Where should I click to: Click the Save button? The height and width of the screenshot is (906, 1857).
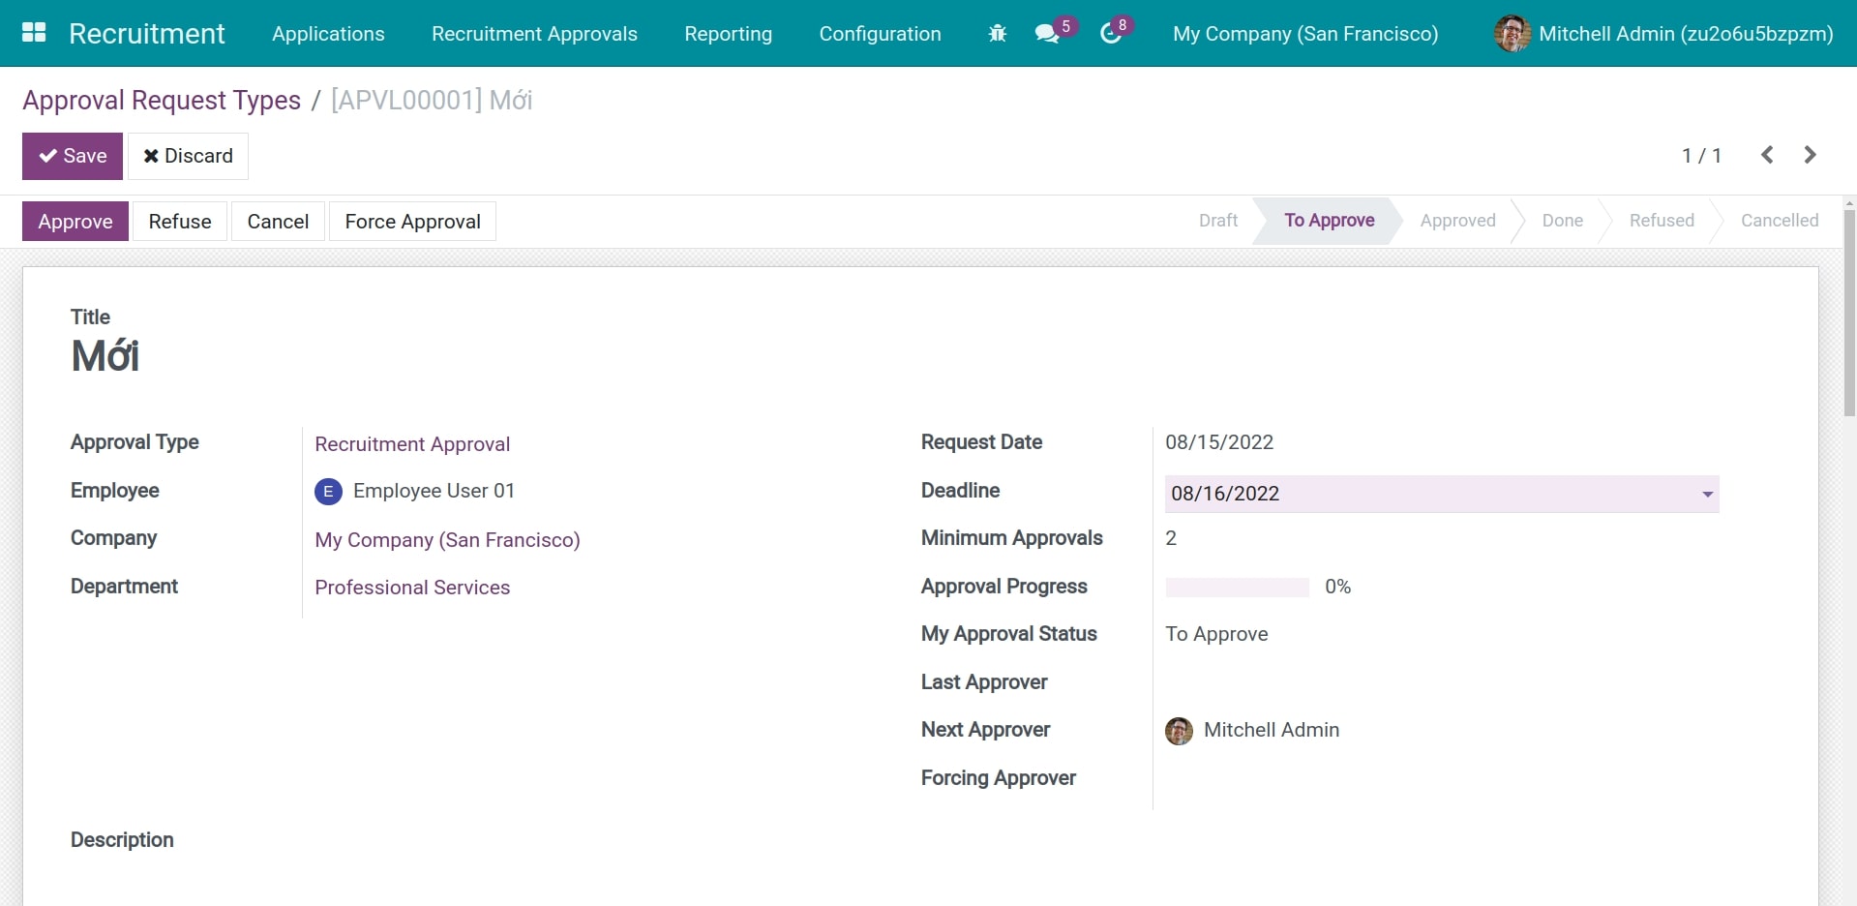pos(73,156)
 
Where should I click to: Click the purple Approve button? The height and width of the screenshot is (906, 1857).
pos(75,222)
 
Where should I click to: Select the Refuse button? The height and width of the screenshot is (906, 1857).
pos(180,222)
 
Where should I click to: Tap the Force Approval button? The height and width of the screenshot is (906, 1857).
pos(412,222)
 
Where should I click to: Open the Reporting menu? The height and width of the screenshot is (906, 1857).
pos(728,34)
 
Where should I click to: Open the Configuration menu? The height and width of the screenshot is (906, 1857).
pos(880,34)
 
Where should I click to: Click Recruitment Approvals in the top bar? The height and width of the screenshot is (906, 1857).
pos(534,34)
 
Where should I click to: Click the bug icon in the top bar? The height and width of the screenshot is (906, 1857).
pos(998,34)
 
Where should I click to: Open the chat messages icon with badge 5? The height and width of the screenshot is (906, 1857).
pos(1046,34)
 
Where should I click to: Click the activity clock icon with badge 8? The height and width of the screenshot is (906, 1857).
pos(1111,34)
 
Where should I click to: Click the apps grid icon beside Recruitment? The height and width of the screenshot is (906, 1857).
pos(34,33)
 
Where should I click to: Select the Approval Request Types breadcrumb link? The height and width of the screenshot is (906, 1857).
pos(162,101)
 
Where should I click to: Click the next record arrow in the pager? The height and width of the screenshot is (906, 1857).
pos(1810,155)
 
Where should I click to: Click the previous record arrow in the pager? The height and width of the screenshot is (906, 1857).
pos(1767,155)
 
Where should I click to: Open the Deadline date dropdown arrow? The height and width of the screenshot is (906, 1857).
pos(1707,494)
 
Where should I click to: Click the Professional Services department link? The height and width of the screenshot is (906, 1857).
pos(412,588)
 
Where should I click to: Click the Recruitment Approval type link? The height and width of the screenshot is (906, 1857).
pos(412,444)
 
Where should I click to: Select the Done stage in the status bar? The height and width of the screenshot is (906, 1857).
pos(1562,221)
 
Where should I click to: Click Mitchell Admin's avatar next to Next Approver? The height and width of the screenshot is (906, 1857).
pos(1179,731)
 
